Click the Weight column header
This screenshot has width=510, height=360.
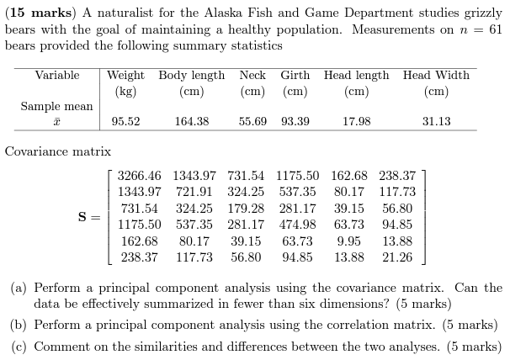(125, 75)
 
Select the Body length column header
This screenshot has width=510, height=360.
(191, 75)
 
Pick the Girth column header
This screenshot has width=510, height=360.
(295, 75)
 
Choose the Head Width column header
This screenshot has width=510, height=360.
(436, 75)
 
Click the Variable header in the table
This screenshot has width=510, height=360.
(57, 75)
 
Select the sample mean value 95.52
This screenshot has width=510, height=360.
(125, 122)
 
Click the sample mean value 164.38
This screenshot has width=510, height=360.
(191, 122)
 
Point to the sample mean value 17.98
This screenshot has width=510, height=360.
(356, 122)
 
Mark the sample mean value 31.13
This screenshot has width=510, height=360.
(436, 122)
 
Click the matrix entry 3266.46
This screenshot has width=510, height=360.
(139, 176)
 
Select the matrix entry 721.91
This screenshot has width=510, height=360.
(194, 192)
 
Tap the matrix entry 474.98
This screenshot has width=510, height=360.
(297, 225)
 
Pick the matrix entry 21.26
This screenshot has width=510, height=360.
(397, 257)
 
